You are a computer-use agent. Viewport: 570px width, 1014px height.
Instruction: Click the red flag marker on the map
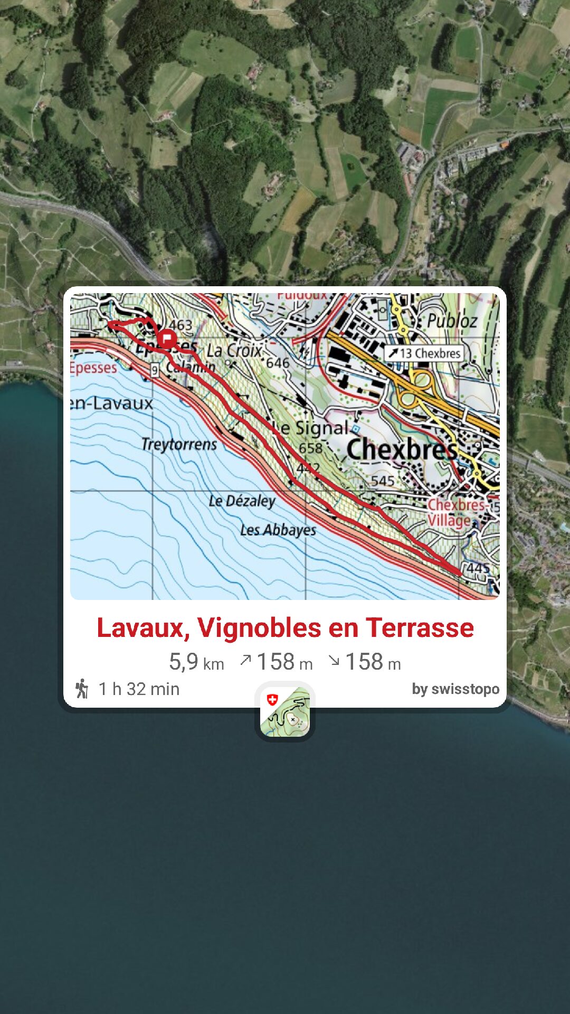[167, 339]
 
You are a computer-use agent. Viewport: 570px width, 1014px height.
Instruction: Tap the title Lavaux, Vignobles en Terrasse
[285, 628]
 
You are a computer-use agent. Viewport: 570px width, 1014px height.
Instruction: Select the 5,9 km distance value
[196, 662]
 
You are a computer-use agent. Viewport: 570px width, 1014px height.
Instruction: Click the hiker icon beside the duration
[82, 689]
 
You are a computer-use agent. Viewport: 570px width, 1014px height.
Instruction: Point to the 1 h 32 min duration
[139, 689]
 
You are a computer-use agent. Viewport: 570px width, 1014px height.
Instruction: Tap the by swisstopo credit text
[455, 689]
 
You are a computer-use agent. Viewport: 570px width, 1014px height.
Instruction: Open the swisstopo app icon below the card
[285, 711]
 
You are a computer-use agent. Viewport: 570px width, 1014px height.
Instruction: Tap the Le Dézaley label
[242, 501]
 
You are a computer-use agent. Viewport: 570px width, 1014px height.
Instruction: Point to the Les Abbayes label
[278, 530]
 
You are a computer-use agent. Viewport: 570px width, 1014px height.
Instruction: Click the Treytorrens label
[179, 444]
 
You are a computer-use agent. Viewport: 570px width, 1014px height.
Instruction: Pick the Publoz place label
[452, 320]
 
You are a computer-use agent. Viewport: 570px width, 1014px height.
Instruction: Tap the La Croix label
[234, 350]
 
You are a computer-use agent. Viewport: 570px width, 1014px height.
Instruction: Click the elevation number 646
[278, 363]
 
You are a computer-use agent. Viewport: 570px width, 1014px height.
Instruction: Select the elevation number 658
[310, 448]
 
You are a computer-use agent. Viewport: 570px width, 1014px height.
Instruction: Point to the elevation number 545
[382, 481]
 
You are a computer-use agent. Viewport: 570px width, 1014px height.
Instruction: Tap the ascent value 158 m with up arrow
[277, 662]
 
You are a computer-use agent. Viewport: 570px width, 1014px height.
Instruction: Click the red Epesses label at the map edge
[93, 368]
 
